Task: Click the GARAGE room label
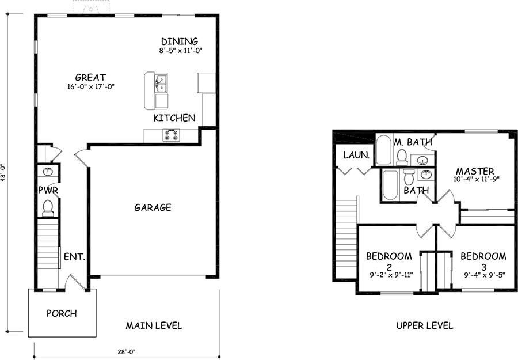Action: click(153, 207)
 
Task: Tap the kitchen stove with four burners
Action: click(171, 135)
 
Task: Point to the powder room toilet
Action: click(48, 208)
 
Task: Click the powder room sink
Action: click(48, 171)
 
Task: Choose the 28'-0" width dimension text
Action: click(127, 352)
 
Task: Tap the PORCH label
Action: click(62, 313)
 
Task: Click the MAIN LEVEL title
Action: click(154, 325)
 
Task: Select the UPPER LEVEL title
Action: click(425, 325)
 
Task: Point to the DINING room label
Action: click(180, 41)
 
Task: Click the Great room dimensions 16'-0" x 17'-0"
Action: click(91, 87)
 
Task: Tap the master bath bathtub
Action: click(383, 150)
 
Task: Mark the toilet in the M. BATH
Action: click(402, 157)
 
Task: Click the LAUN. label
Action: click(356, 155)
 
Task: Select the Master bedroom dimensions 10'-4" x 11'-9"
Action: click(476, 179)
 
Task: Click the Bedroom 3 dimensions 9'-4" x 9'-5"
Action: click(485, 275)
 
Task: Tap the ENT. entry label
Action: click(75, 256)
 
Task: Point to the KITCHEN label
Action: click(174, 118)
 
